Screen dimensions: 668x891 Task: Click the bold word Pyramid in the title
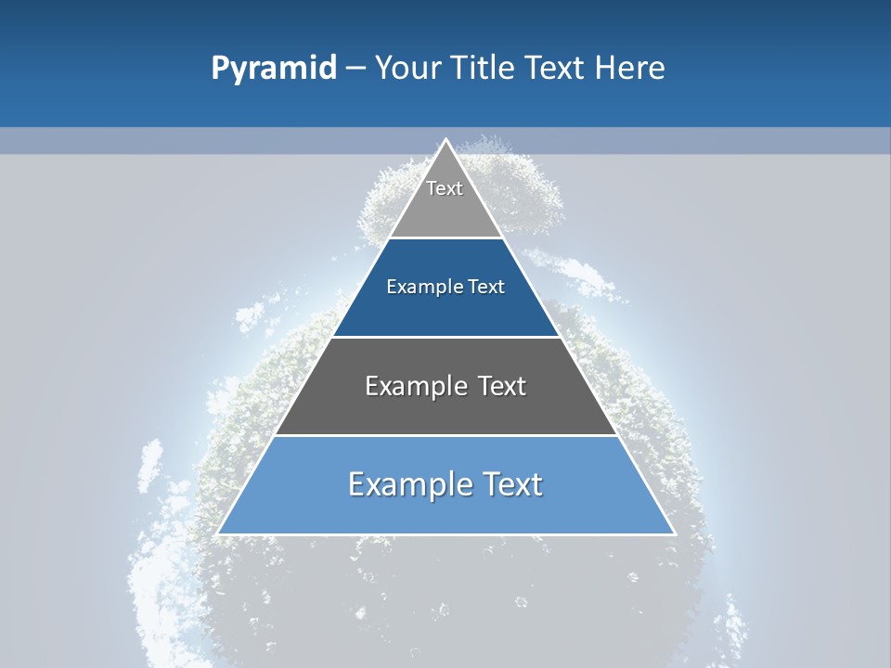pyautogui.click(x=274, y=69)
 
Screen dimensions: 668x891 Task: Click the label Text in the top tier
pyautogui.click(x=445, y=188)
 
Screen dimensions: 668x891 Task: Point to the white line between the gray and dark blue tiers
pyautogui.click(x=445, y=238)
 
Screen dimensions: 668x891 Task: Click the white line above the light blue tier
pyautogui.click(x=445, y=435)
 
